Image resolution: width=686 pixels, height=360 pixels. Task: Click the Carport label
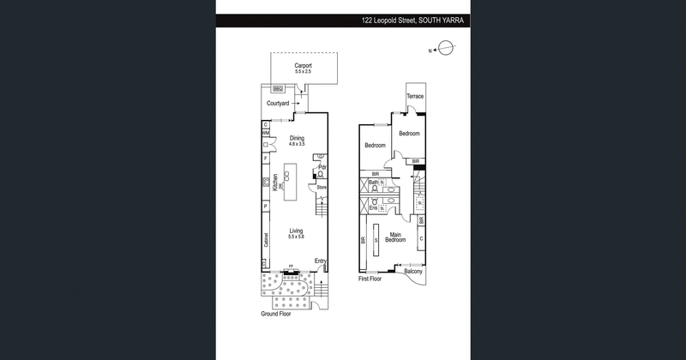tap(303, 65)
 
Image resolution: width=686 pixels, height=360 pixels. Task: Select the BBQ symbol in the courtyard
tap(277, 87)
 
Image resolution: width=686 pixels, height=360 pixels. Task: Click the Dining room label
tap(297, 138)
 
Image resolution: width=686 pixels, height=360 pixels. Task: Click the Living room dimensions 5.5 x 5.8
tap(297, 237)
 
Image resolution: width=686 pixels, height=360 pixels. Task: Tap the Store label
tap(322, 186)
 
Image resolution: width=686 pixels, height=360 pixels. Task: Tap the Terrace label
tap(415, 96)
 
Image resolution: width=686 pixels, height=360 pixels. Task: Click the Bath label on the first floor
tap(374, 183)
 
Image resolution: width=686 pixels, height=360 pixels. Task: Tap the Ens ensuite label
tap(373, 208)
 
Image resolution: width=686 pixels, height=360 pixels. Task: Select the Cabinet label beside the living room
tap(266, 241)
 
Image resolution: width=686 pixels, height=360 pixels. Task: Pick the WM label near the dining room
tap(266, 134)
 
